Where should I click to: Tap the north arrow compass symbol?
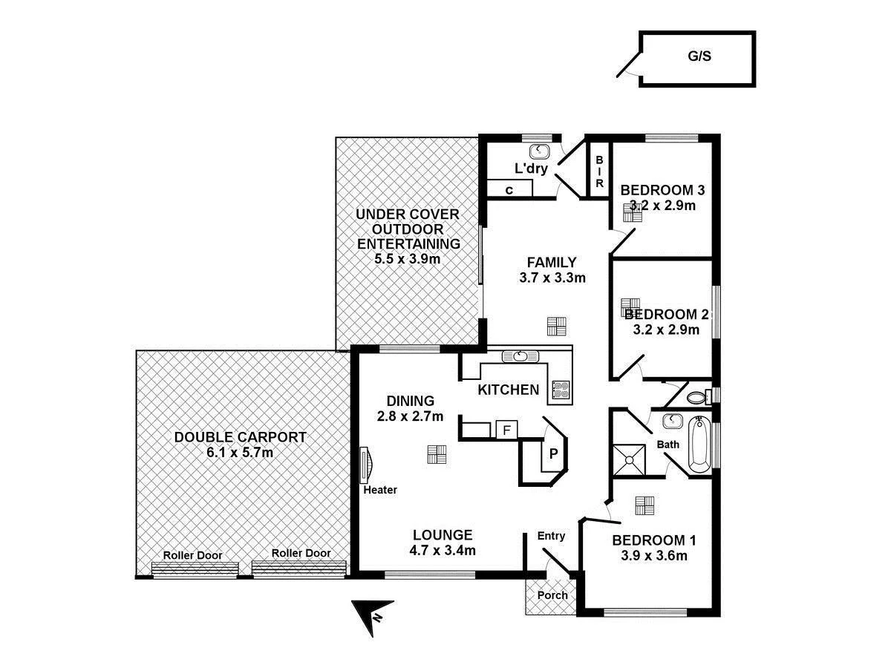coord(371,615)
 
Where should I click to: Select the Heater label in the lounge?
coord(380,490)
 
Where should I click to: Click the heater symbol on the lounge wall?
coord(365,465)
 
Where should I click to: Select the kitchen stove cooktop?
coord(561,390)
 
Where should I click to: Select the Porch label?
coord(552,595)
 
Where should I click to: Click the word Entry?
coord(551,536)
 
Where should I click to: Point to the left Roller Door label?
coord(193,554)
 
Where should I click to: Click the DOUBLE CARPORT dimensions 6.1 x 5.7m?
coord(241,453)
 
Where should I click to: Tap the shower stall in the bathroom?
coord(630,458)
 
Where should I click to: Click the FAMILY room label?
coord(551,262)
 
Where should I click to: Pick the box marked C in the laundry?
coord(509,190)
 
